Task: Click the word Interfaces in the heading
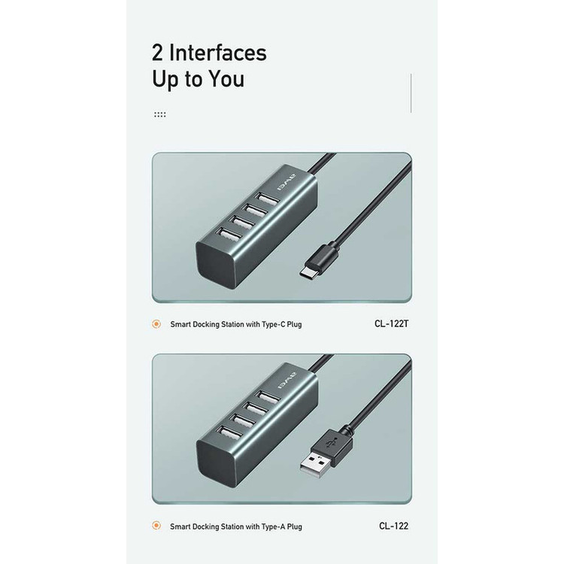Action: (x=217, y=53)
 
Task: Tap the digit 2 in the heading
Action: (x=157, y=53)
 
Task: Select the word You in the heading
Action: (x=226, y=79)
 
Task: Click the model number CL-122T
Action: (x=391, y=323)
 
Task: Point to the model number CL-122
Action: (x=393, y=526)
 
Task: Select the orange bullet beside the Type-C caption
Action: (x=156, y=324)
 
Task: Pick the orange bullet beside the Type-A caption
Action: (x=156, y=526)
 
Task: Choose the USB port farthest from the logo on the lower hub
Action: (x=229, y=432)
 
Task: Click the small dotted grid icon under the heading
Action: (x=159, y=114)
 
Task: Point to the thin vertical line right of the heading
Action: (x=411, y=93)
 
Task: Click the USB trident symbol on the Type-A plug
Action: (x=332, y=443)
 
